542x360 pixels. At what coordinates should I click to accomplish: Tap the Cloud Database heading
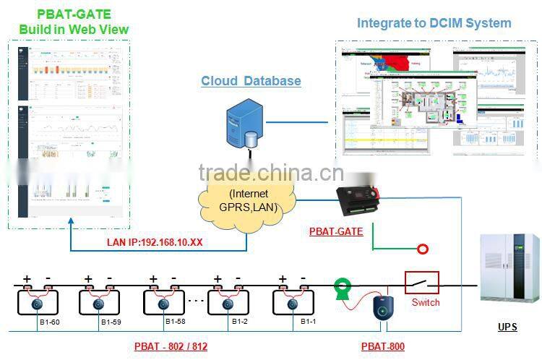(251, 81)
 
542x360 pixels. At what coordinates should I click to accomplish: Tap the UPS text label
(507, 327)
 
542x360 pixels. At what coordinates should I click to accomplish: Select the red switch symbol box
(421, 283)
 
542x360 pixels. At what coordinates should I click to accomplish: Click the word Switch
(425, 303)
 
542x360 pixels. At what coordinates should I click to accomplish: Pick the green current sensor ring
(341, 289)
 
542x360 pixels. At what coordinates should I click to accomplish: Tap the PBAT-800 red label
(383, 346)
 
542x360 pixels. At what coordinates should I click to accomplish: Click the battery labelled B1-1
(293, 301)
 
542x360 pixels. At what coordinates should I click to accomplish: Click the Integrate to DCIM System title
(434, 23)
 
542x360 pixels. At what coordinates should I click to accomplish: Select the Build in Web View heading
(74, 29)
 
